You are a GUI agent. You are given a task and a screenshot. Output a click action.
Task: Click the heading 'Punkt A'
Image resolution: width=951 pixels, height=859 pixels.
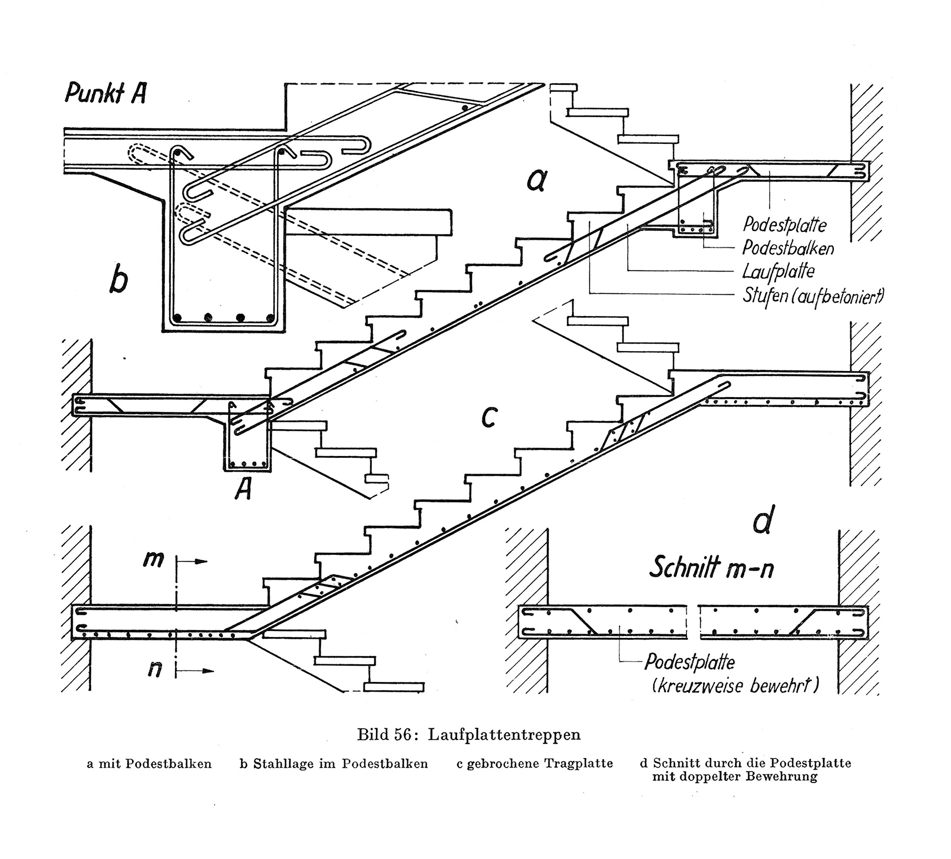105,93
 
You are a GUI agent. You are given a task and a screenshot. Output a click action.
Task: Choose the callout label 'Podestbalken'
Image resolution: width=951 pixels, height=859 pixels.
788,248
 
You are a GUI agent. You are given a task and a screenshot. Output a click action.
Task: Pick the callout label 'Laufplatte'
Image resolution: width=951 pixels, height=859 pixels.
778,271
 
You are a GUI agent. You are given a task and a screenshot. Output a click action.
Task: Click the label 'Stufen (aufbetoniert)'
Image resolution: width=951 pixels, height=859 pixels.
814,296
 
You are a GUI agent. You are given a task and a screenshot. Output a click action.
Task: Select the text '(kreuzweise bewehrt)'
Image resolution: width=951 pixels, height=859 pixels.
735,686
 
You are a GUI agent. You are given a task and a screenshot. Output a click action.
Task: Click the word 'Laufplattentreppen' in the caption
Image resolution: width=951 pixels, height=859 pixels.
504,734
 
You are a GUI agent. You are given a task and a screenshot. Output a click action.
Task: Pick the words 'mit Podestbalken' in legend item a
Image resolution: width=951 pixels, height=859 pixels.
155,764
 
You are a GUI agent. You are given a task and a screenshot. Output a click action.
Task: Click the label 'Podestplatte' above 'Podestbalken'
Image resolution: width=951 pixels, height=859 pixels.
784,225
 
